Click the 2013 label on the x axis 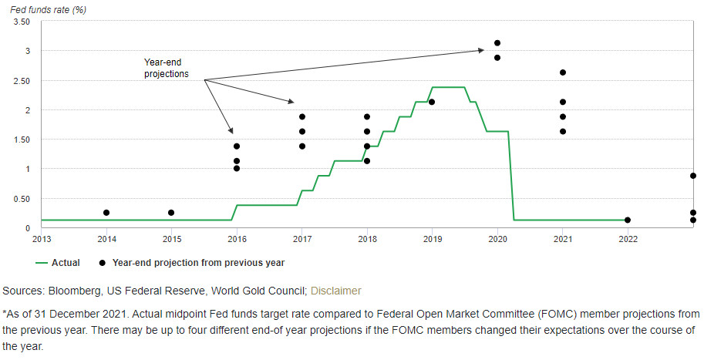(42, 238)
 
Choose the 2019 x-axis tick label (432, 238)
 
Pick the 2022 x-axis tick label (628, 238)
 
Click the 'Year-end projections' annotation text (166, 68)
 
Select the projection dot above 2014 (106, 213)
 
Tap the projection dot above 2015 (172, 213)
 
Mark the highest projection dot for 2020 (497, 43)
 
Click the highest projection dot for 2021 (563, 72)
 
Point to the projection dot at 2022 (628, 220)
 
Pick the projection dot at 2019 (432, 102)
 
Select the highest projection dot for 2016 (237, 146)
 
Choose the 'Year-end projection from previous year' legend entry (198, 263)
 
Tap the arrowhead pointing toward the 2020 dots (480, 51)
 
